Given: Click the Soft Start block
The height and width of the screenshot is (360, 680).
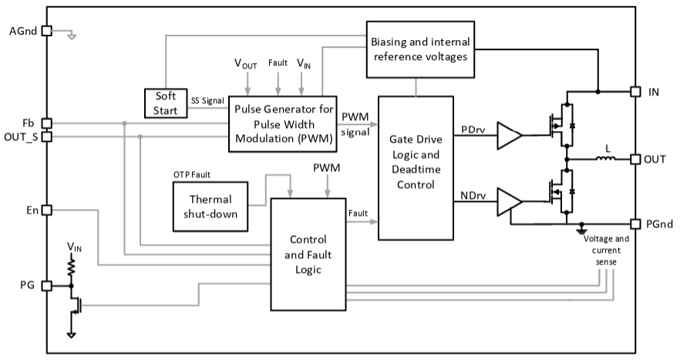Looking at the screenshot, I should point(166,103).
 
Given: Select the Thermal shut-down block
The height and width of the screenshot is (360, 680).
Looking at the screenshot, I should point(210,206).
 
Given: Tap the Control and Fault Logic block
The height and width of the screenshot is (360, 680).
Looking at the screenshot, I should point(308,254).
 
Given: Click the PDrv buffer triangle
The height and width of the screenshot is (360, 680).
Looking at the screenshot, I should point(509,135).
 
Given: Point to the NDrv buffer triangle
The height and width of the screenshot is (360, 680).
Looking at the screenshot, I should point(509,201).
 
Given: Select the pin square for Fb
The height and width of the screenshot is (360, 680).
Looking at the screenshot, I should point(45,123).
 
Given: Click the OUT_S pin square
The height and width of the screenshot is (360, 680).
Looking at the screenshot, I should point(45,136).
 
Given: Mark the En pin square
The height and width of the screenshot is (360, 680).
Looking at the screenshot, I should point(45,210).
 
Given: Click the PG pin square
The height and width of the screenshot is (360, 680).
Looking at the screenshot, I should point(45,285).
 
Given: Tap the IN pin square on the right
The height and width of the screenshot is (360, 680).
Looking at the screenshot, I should point(635,91).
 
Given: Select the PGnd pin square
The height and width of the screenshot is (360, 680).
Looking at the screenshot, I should point(635,224).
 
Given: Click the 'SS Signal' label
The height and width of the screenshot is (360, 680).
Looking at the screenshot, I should point(207,100).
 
